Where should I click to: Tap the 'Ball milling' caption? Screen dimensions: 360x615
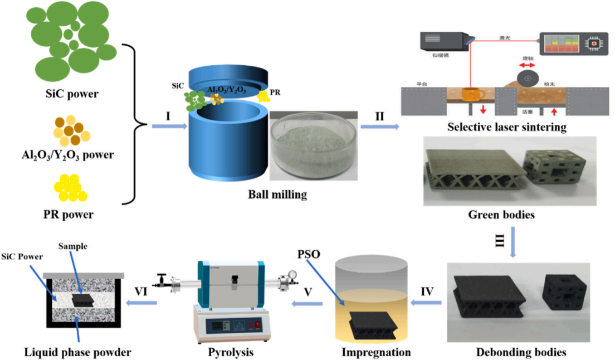pyautogui.click(x=278, y=194)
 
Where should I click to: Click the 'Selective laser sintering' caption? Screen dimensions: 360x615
pyautogui.click(x=506, y=127)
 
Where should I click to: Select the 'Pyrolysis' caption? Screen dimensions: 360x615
pyautogui.click(x=228, y=352)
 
